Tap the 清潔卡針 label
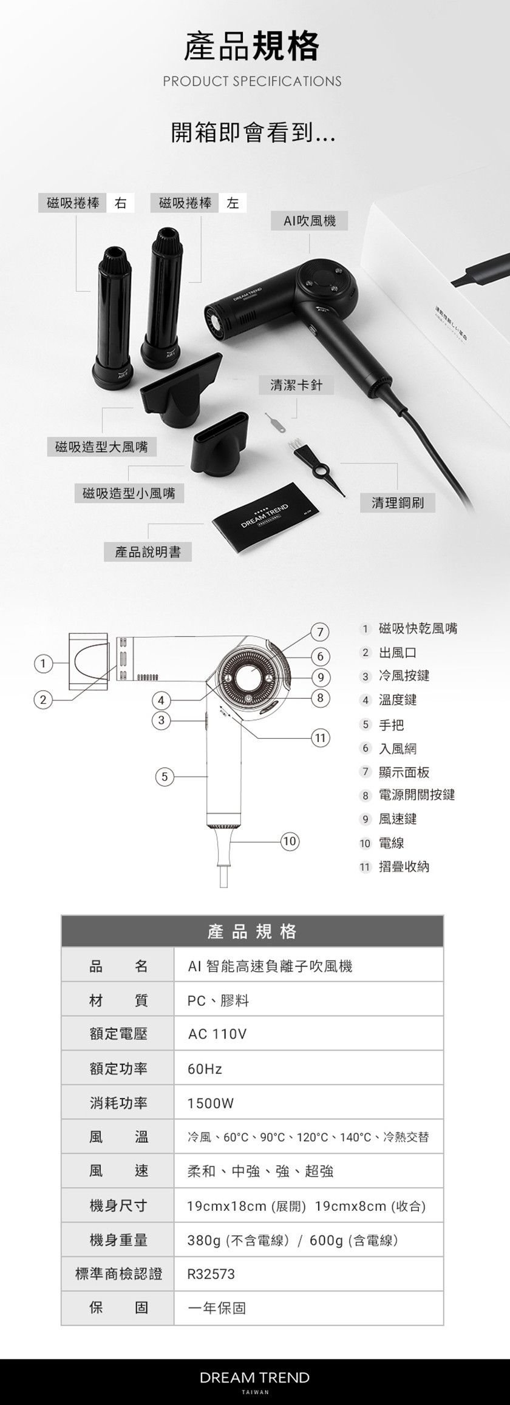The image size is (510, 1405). coord(296,385)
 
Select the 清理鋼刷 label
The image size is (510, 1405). coord(398,502)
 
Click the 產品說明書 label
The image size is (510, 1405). coord(148,551)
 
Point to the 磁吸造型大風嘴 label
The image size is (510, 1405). coord(101,447)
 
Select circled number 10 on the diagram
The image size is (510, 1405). coord(289,841)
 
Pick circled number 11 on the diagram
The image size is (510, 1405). coord(320,738)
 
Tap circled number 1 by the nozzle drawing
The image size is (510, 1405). coord(41,663)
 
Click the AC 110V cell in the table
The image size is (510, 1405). coord(217,1034)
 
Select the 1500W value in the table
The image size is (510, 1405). coord(210,1103)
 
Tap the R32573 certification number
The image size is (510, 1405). coord(211,1274)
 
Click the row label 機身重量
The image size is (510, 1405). coord(118,1240)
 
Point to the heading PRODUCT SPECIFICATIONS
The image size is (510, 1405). coord(252,81)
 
